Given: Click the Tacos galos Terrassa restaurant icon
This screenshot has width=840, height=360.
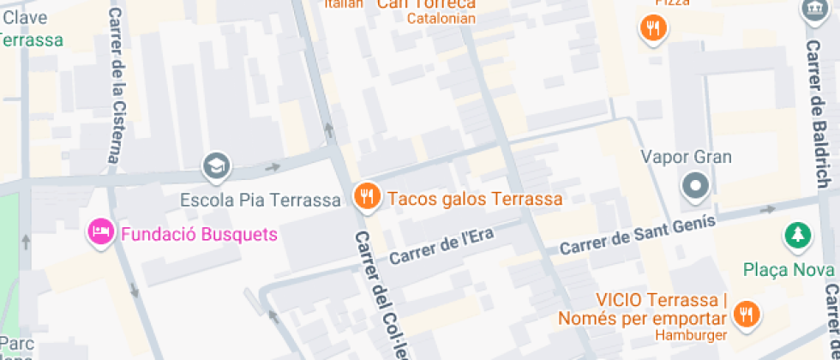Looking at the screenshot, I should tap(367, 197).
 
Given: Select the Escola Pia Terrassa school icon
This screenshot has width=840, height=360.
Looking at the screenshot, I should tap(217, 165).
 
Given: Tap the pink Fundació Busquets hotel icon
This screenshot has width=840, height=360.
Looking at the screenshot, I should tap(101, 232).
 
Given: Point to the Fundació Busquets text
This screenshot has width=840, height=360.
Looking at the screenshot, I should tap(199, 233).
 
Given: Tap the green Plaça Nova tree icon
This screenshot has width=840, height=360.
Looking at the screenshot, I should tap(797, 235).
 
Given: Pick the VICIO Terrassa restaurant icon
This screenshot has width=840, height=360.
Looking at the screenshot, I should tap(747, 314).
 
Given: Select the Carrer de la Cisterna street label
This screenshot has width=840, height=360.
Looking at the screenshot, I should tap(116, 86).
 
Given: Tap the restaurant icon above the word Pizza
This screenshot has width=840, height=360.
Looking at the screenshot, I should tap(653, 28).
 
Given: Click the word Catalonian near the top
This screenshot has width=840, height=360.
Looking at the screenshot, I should tap(441, 18).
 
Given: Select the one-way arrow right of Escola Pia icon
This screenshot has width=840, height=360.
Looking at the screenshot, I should tap(273, 167).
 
